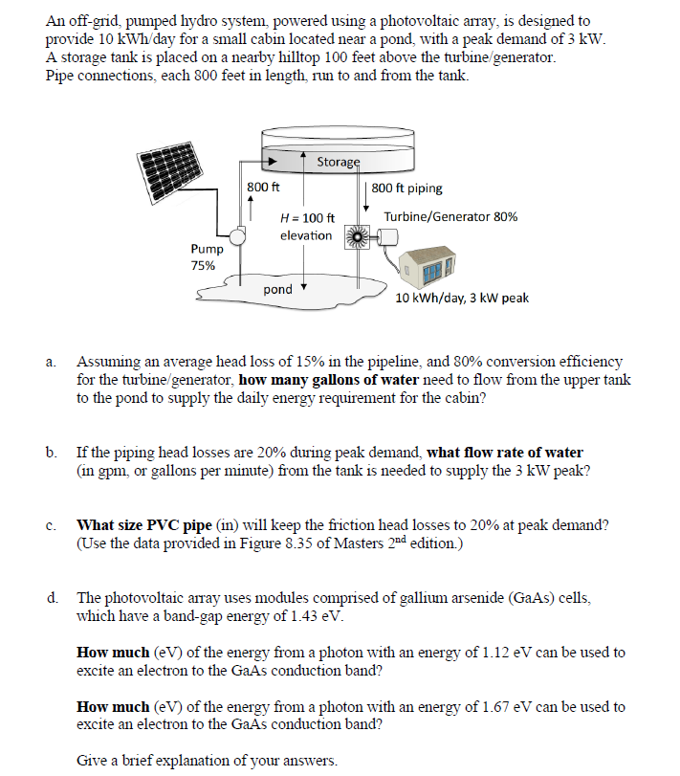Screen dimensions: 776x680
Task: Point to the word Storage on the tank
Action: [x=338, y=162]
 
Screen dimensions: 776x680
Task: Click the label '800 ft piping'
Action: [x=406, y=188]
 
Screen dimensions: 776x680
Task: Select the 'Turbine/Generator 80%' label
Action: [x=450, y=217]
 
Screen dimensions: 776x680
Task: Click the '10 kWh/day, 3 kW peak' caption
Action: [x=462, y=298]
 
